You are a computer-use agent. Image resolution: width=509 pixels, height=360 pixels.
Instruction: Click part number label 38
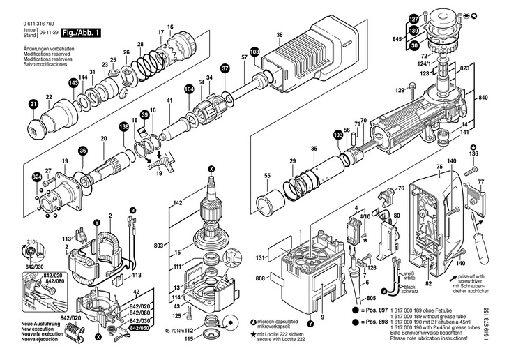pos(279,36)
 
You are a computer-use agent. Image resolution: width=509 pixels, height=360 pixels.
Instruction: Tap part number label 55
pos(247,177)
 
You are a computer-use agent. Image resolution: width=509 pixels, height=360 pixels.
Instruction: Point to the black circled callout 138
pos(124,126)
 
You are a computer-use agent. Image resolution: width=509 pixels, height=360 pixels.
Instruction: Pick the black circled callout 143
pos(73,83)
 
